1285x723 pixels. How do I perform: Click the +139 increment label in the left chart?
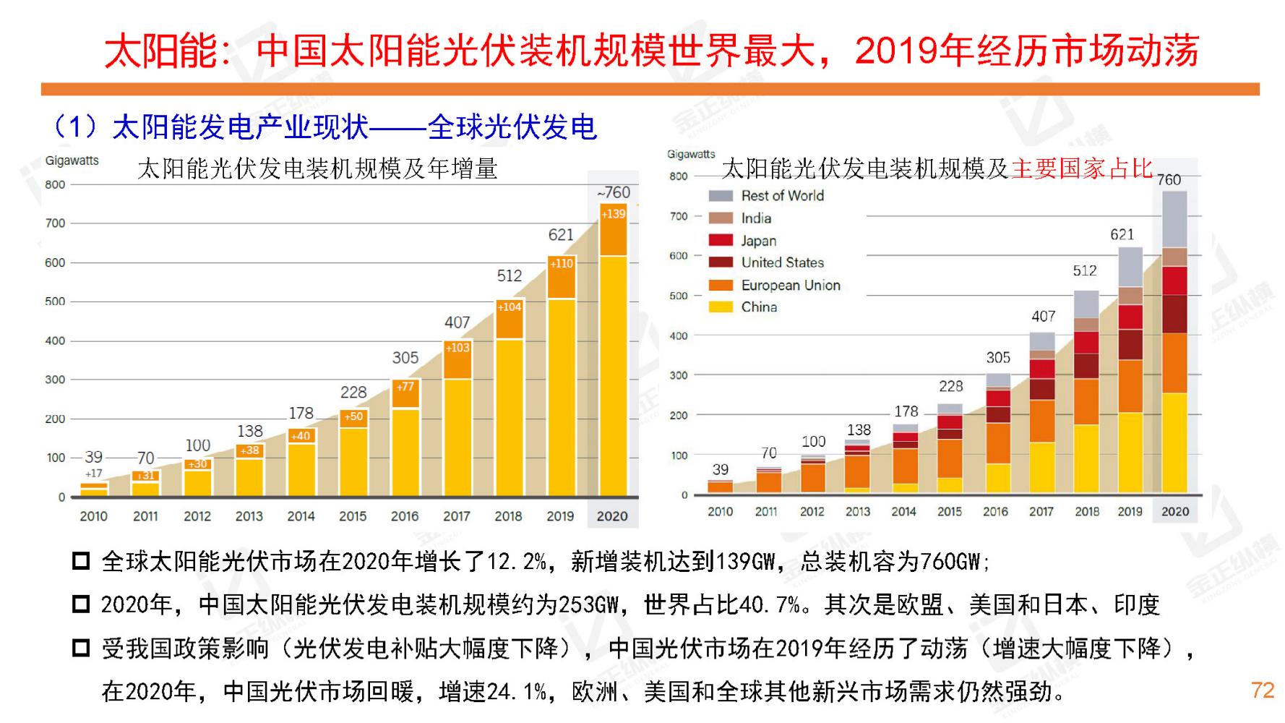coord(613,214)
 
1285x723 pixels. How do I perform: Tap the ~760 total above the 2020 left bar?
coord(613,192)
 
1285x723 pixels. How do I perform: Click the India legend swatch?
coord(721,218)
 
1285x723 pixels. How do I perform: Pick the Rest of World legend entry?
coord(782,196)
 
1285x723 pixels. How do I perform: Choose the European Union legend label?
coord(791,286)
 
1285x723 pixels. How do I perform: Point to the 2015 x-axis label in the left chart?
coord(353,516)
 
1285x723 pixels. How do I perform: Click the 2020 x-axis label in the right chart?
coord(1174,511)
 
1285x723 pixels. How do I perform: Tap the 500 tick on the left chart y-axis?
coord(55,301)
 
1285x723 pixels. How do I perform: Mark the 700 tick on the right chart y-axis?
coord(678,216)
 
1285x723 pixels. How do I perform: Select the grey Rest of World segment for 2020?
coord(1174,218)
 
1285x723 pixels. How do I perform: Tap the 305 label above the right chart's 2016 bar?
coord(998,358)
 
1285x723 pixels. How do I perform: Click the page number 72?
coord(1262,690)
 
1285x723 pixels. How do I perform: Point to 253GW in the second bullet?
coord(588,604)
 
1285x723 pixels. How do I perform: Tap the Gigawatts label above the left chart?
coord(72,161)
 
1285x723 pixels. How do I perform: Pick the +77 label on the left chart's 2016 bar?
coord(405,387)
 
